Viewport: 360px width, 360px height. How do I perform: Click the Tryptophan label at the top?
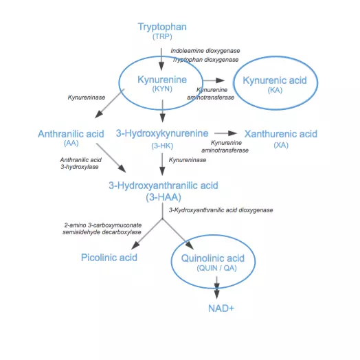pyautogui.click(x=162, y=27)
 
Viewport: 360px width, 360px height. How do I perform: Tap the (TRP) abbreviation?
pyautogui.click(x=162, y=36)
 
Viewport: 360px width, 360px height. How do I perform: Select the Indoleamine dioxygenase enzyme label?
pyautogui.click(x=205, y=51)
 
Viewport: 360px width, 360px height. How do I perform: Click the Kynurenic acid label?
pyautogui.click(x=275, y=80)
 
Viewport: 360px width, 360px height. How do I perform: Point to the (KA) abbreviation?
pyautogui.click(x=275, y=90)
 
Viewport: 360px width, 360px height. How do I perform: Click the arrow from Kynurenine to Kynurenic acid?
pyautogui.click(x=214, y=80)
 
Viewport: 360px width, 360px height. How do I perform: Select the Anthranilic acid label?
pyautogui.click(x=71, y=134)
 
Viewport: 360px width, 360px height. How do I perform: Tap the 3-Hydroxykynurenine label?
pyautogui.click(x=162, y=133)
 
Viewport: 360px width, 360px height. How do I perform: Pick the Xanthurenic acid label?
pyautogui.click(x=281, y=134)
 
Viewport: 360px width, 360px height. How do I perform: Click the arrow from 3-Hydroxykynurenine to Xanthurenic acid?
pyautogui.click(x=226, y=133)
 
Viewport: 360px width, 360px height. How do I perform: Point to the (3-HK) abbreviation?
pyautogui.click(x=162, y=146)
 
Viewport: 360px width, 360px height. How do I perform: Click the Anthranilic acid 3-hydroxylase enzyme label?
pyautogui.click(x=80, y=164)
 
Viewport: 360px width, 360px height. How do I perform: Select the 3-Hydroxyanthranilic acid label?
pyautogui.click(x=164, y=185)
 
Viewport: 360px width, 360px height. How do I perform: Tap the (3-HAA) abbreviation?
pyautogui.click(x=164, y=197)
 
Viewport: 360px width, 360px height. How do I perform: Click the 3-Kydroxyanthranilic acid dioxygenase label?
pyautogui.click(x=221, y=210)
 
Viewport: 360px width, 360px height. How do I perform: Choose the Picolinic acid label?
pyautogui.click(x=109, y=258)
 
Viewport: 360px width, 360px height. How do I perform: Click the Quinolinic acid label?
pyautogui.click(x=213, y=258)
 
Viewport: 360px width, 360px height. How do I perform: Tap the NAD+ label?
pyautogui.click(x=221, y=308)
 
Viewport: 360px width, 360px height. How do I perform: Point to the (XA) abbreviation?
pyautogui.click(x=281, y=146)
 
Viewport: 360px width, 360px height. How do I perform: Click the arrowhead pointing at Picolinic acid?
pyautogui.click(x=135, y=246)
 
